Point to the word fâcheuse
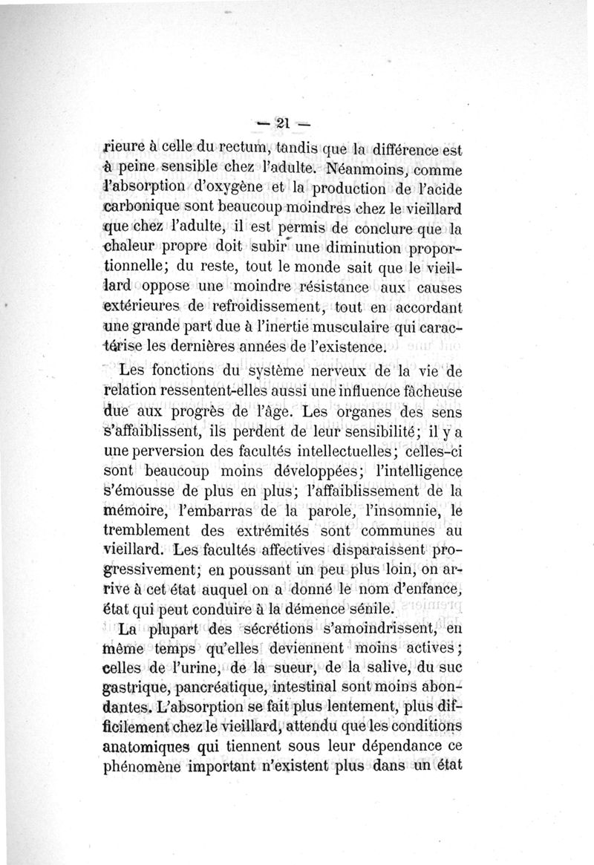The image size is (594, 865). point(427,391)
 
